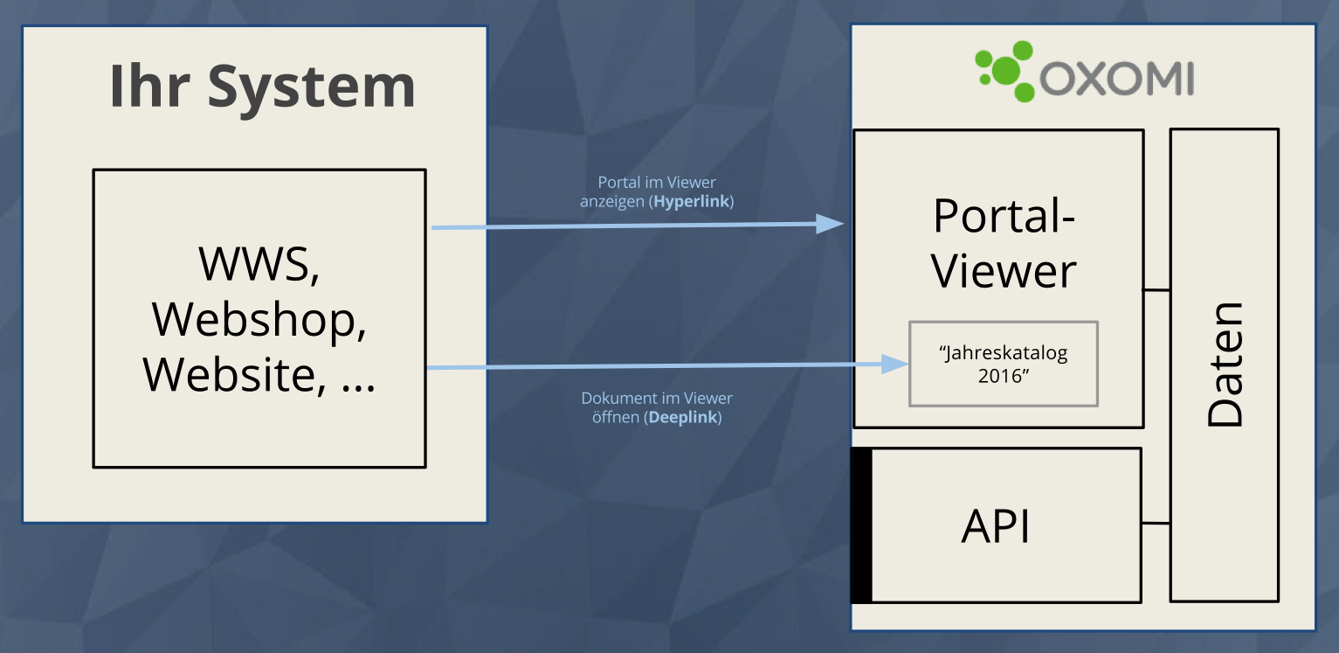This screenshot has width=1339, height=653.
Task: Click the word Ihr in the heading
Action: click(148, 86)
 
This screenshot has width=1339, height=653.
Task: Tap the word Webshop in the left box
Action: click(259, 319)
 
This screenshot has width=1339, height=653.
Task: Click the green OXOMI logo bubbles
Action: click(1003, 71)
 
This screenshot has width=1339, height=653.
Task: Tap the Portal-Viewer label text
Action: click(1004, 242)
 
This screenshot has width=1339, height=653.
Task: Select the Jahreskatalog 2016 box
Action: click(1003, 364)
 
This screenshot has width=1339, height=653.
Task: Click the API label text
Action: click(996, 526)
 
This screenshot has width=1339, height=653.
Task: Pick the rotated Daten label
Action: click(1225, 365)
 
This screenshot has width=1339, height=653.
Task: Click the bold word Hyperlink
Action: click(692, 202)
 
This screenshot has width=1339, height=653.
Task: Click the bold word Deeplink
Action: click(683, 417)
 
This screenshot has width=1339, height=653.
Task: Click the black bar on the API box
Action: click(861, 525)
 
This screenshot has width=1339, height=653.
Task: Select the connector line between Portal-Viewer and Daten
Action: click(1156, 289)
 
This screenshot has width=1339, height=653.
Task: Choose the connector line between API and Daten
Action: click(1156, 524)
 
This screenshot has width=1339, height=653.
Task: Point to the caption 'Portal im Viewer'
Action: click(657, 183)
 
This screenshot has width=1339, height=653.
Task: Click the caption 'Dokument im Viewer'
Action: click(657, 399)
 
